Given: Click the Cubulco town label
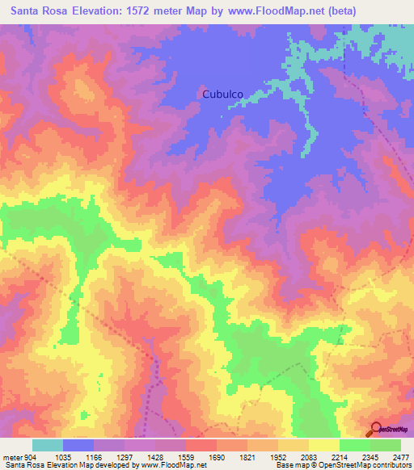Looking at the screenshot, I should [222, 94].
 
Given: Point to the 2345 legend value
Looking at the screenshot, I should [374, 458].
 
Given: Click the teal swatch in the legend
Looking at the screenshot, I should [47, 445].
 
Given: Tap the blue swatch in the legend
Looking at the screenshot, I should [78, 445].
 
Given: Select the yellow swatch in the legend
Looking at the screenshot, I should [323, 445].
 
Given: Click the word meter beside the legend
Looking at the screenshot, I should [11, 458].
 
